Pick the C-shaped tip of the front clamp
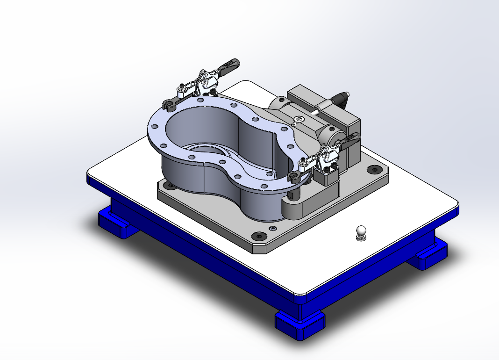point(293,176)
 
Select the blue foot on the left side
point(114,224)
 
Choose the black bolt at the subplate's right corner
point(374,169)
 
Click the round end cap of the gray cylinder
point(330,136)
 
